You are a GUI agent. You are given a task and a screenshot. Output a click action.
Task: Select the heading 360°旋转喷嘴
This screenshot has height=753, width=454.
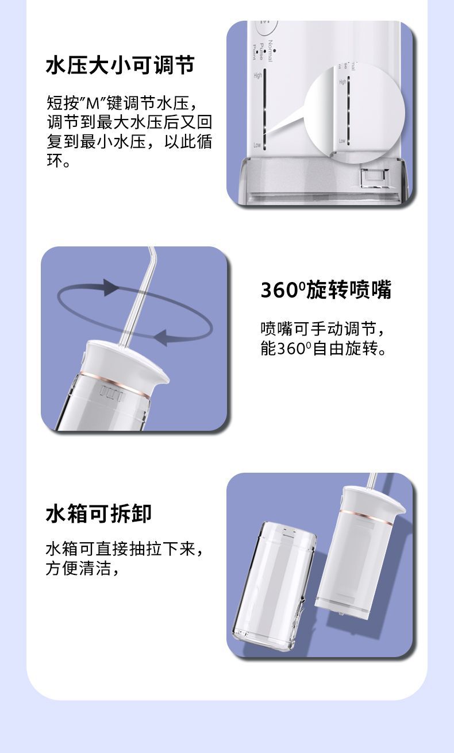(x=326, y=290)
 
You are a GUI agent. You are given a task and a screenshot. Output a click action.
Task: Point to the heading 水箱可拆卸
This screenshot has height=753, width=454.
(x=99, y=513)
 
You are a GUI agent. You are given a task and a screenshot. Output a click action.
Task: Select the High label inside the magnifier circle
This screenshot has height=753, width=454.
(x=343, y=82)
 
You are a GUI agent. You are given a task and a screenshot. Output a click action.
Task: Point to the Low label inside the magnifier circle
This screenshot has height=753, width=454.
(x=342, y=141)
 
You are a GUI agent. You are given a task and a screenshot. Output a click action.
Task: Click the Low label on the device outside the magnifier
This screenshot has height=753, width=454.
(x=257, y=145)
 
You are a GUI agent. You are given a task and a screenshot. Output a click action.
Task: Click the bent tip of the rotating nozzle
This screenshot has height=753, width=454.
(x=151, y=256)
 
